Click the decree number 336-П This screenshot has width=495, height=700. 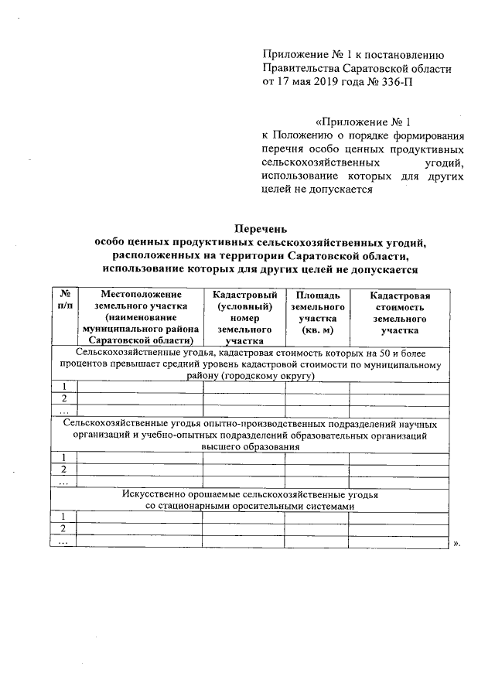click(x=392, y=82)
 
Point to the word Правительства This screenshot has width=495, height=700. click(x=299, y=68)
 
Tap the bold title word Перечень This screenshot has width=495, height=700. click(x=261, y=228)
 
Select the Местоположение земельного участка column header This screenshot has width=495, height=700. click(x=140, y=316)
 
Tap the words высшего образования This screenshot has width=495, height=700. click(x=249, y=446)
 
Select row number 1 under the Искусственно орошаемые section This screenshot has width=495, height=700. click(x=63, y=516)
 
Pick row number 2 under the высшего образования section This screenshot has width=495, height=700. click(x=63, y=470)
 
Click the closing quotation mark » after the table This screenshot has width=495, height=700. click(x=456, y=542)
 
